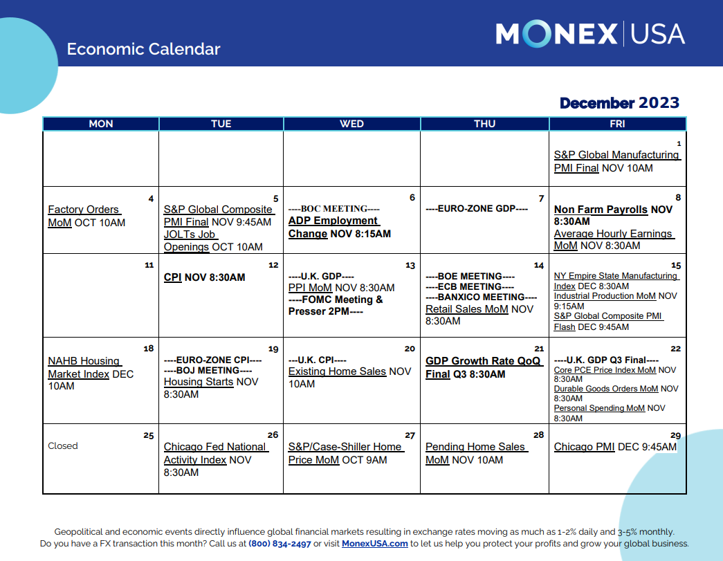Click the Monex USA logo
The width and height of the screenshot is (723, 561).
590,34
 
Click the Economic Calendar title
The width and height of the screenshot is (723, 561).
143,49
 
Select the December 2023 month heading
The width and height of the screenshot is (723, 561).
619,103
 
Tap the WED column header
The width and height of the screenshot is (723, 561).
351,124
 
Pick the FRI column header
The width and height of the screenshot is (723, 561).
617,124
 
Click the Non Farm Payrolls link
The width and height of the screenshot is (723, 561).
601,210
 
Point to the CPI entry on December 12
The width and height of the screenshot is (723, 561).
172,277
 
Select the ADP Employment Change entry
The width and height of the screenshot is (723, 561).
333,227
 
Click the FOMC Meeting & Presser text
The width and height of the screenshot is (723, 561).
336,305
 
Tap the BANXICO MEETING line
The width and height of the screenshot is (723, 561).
476,297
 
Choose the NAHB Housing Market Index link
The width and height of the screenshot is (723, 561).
84,367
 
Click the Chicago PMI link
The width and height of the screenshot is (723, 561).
584,447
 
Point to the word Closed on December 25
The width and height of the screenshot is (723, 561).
63,446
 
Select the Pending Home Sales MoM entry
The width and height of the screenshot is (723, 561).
475,453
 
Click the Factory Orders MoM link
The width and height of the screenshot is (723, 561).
83,216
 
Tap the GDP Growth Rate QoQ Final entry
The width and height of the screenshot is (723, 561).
483,367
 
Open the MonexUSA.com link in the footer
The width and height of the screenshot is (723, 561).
374,544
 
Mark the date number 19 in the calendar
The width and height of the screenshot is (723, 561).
273,349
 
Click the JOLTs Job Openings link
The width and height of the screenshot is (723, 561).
190,241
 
